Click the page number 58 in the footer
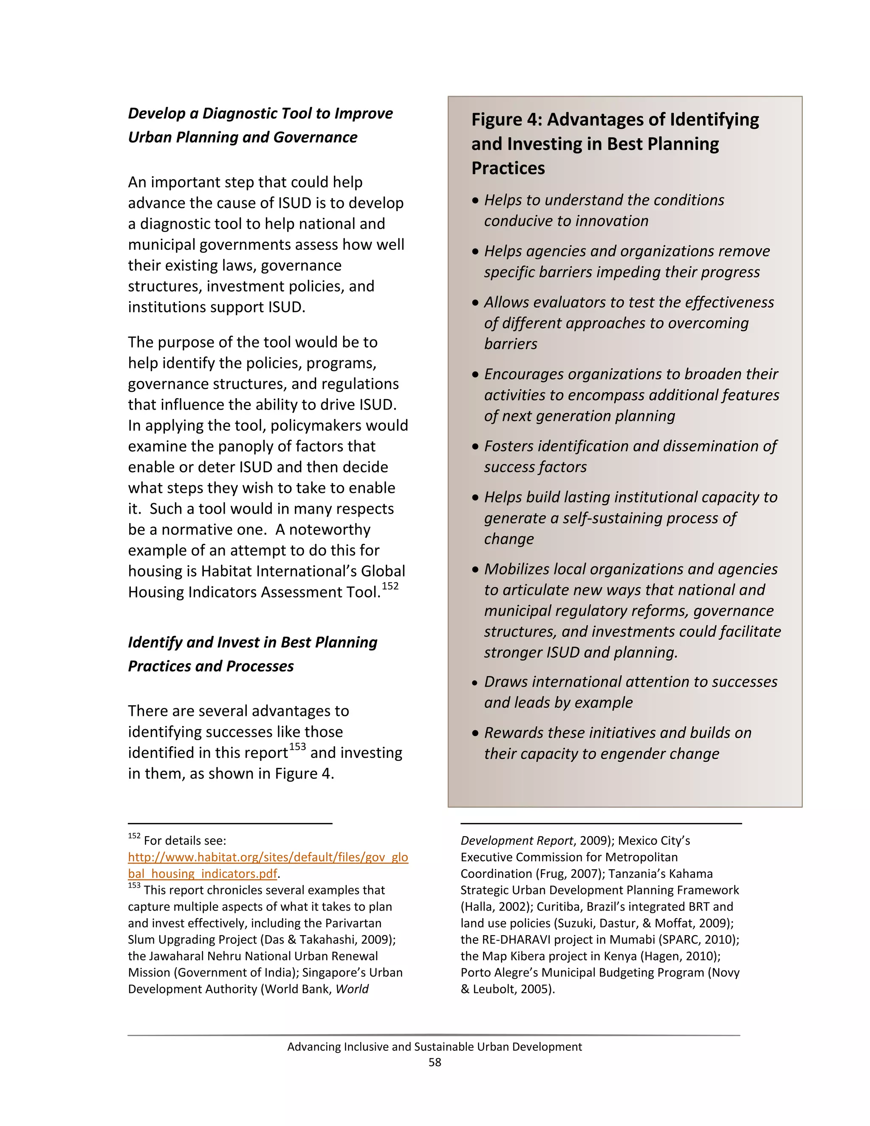click(435, 1062)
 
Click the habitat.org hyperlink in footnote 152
click(268, 857)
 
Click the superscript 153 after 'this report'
click(297, 747)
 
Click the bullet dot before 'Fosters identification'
click(475, 447)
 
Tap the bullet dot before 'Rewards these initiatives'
click(475, 733)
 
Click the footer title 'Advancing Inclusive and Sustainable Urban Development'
click(435, 1047)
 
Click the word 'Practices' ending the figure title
click(508, 168)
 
